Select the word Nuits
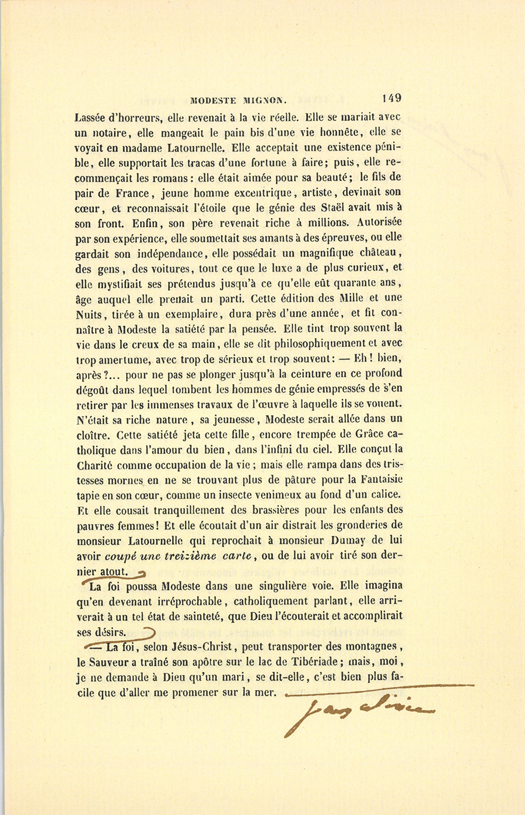click(x=89, y=314)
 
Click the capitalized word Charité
click(x=94, y=465)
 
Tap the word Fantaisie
click(x=379, y=480)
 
